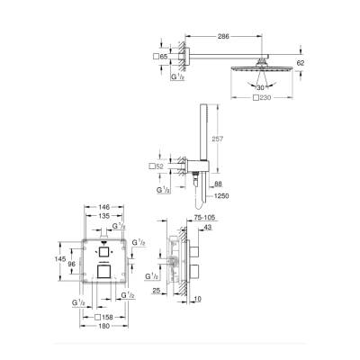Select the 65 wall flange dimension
tap(163, 57)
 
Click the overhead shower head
tap(264, 68)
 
